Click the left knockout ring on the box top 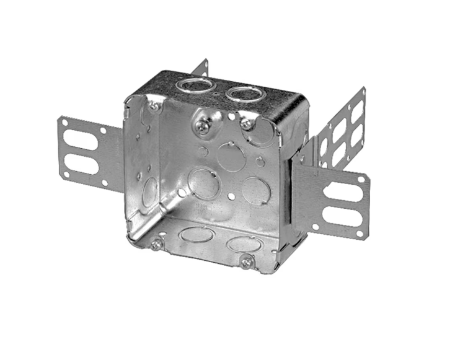tap(196, 84)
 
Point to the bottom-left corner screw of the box tap(155, 244)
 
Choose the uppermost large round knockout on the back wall tap(231, 157)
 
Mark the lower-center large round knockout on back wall tap(203, 183)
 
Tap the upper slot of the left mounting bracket tap(81, 141)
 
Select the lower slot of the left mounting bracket tap(81, 165)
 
